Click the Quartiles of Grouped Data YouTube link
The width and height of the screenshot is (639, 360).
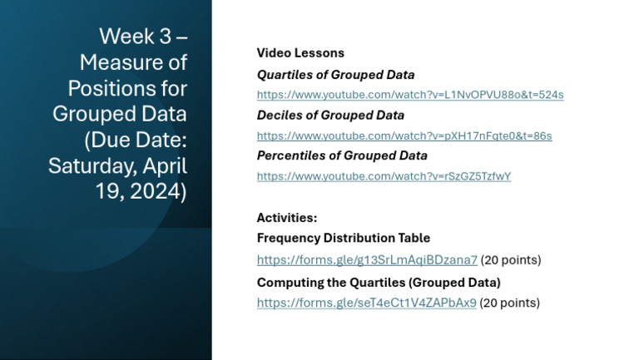(x=409, y=95)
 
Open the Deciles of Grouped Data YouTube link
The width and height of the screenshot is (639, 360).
(x=404, y=136)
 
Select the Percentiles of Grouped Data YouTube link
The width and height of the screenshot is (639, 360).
(x=384, y=176)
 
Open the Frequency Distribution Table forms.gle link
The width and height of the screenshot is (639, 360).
(x=367, y=260)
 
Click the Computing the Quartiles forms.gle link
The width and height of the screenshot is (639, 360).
(x=366, y=303)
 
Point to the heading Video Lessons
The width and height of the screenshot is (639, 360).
(x=300, y=53)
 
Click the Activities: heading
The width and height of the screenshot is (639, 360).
(x=287, y=218)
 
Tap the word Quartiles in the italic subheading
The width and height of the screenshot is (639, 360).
(x=284, y=75)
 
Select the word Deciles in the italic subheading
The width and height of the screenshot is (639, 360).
(x=279, y=116)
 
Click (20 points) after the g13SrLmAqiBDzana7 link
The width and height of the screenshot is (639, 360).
(x=511, y=260)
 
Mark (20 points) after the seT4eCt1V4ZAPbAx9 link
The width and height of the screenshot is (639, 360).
(x=510, y=303)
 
